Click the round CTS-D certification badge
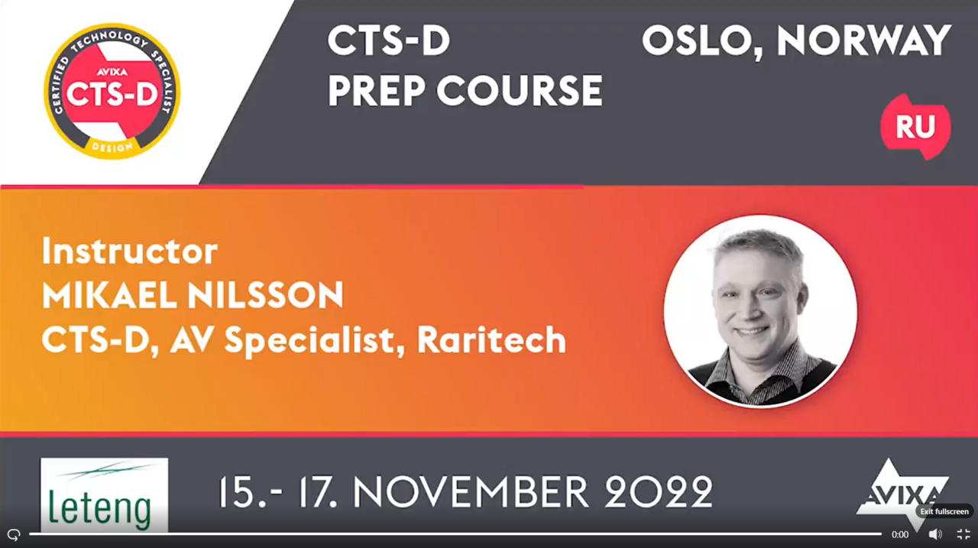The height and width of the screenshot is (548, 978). point(112,91)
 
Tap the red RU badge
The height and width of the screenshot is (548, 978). point(915,127)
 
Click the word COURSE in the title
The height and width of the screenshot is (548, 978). point(520,91)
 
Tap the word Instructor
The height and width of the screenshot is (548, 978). point(129,251)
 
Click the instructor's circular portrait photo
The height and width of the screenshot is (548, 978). point(760,311)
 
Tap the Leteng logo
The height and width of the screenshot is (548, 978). point(104,494)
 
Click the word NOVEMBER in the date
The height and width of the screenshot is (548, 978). point(471,491)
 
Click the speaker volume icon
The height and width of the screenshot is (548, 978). point(934,534)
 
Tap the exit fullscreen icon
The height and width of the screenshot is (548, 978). point(963,534)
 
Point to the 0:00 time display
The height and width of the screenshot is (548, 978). point(900,534)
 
